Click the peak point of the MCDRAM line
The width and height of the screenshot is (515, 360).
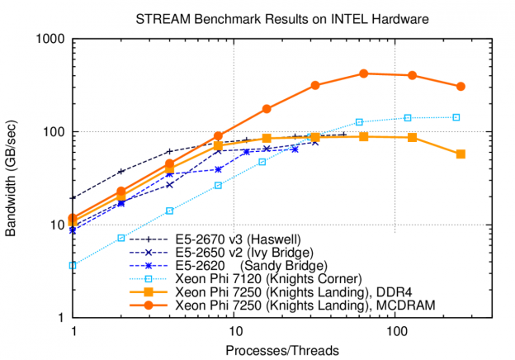(x=364, y=73)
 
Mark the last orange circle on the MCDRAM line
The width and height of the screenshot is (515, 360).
(x=461, y=86)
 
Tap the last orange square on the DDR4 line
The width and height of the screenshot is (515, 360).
(x=461, y=154)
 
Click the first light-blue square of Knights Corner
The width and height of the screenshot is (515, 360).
(x=73, y=265)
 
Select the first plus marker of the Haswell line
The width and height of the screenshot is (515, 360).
(x=73, y=198)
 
